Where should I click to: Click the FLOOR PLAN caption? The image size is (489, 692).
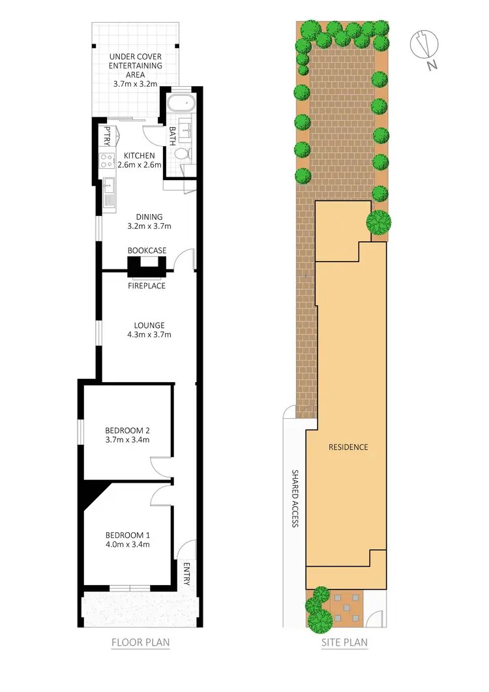coord(140,642)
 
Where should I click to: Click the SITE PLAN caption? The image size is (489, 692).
coord(344,642)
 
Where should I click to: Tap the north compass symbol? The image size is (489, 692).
coord(424,47)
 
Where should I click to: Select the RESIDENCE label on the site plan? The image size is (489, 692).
coord(349,447)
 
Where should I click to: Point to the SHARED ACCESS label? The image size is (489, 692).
coord(295,499)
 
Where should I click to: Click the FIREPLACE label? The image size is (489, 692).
coord(147,286)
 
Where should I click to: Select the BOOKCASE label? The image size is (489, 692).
coord(147,250)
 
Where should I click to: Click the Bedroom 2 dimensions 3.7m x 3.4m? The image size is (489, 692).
coord(128,440)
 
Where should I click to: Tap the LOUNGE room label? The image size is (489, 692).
coord(149,325)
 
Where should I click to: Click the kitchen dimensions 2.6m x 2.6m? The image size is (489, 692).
coord(140,165)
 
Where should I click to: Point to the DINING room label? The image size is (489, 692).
coord(149,217)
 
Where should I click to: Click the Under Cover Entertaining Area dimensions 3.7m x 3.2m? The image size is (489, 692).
coord(136,84)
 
